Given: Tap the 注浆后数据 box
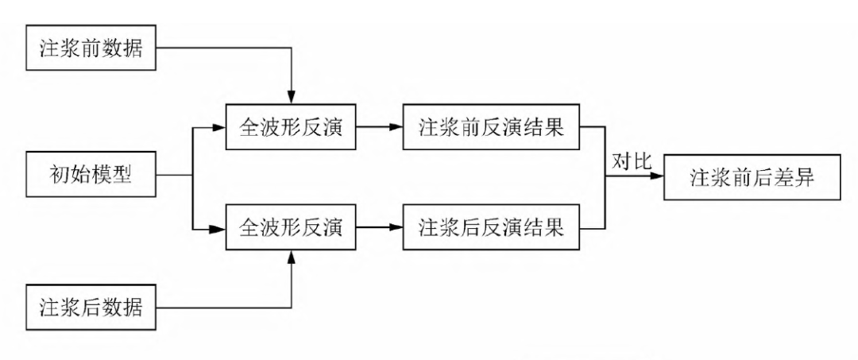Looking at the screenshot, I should point(91,306).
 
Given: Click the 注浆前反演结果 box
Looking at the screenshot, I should point(491,126).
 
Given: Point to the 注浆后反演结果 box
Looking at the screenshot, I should point(491,228).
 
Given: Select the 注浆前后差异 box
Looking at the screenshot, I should point(752,177).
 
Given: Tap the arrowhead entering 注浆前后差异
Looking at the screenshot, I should point(659,178).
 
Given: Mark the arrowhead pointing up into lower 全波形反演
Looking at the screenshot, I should point(292,257).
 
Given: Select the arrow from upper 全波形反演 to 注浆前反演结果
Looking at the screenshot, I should point(379,126).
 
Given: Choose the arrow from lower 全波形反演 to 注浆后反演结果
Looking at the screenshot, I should point(379,228).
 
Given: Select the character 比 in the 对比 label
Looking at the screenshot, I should point(643,161).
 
